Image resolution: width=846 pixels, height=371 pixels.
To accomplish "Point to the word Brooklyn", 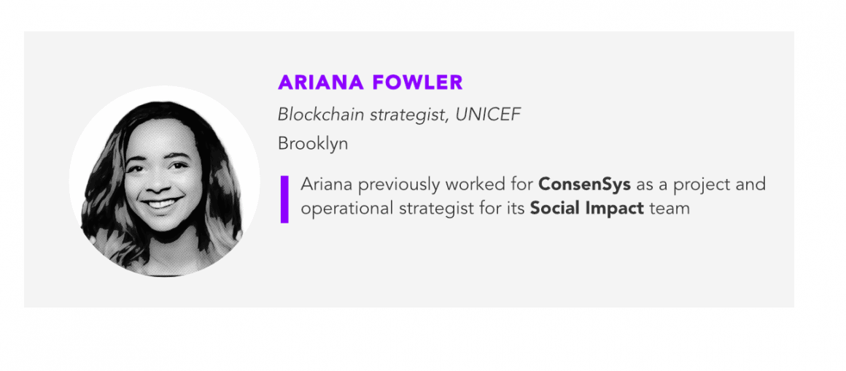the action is (x=313, y=144).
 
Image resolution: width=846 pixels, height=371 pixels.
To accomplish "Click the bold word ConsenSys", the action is (x=584, y=185).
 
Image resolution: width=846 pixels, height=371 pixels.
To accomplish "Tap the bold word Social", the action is (x=554, y=208).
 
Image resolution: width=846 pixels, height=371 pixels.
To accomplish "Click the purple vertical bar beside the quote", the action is (x=284, y=199).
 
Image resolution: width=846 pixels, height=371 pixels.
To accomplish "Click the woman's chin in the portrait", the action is (x=162, y=225).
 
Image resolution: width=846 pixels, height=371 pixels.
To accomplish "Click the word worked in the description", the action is (x=476, y=185).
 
